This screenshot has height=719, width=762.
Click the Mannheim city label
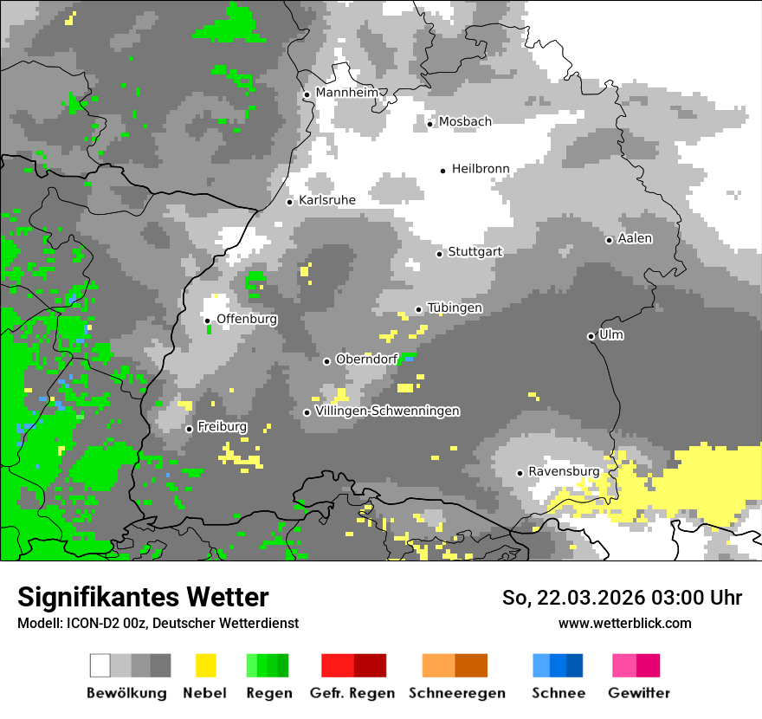point(347,93)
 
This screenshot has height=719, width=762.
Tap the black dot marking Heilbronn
point(442,171)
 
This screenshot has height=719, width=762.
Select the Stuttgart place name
point(475,252)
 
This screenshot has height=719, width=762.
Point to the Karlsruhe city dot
point(290,202)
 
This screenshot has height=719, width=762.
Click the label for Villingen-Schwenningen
point(388,411)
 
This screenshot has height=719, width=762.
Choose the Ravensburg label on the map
point(564,472)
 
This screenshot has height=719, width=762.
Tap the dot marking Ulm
point(591,336)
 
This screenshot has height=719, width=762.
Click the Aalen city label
point(635,239)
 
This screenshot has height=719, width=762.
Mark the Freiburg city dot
point(189,429)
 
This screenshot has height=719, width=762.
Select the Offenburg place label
point(247,319)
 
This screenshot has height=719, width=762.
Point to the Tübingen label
point(455,308)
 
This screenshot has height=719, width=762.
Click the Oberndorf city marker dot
point(326,361)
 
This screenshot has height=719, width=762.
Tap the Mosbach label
point(465,122)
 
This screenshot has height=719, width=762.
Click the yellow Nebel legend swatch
point(205,665)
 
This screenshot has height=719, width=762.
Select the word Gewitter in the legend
point(639,693)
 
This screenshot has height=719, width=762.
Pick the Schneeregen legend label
point(457,693)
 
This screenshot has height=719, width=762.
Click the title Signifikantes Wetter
point(143,597)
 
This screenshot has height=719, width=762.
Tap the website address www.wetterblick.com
point(624,623)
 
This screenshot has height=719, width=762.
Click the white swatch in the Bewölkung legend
point(100,665)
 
